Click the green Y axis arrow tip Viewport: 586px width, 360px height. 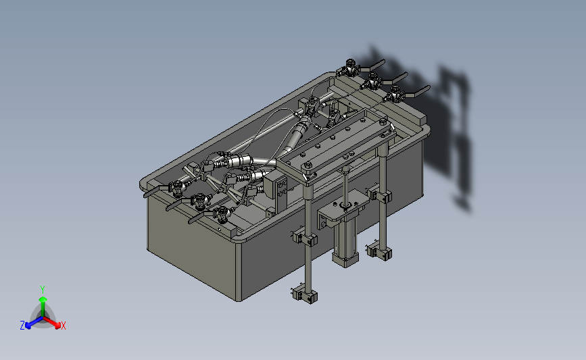(43, 299)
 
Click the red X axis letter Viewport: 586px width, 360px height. (63, 326)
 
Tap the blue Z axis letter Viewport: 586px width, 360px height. (22, 326)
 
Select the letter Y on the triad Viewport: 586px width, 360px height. (42, 290)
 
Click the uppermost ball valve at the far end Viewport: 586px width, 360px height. (349, 68)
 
